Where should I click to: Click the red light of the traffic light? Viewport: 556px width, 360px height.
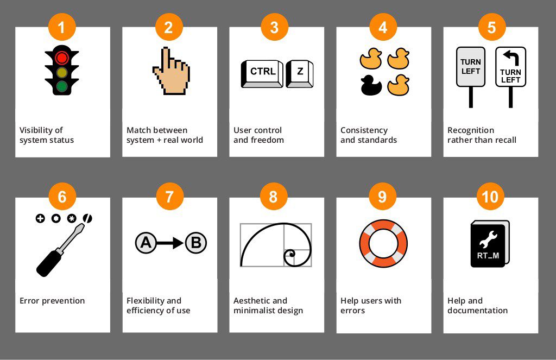click(62, 57)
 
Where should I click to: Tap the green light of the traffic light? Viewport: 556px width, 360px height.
click(62, 86)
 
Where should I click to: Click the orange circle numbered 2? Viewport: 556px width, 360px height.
click(168, 27)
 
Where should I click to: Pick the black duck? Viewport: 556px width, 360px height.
click(371, 84)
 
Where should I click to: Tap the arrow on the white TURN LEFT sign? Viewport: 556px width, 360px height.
click(510, 56)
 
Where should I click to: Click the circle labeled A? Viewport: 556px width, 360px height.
click(146, 243)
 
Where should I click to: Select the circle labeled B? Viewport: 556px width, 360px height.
click(195, 243)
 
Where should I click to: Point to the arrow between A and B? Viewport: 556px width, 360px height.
click(170, 243)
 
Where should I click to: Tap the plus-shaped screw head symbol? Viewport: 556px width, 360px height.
click(40, 219)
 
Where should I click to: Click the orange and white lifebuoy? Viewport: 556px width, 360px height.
click(383, 243)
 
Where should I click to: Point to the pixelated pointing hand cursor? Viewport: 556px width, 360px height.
click(170, 71)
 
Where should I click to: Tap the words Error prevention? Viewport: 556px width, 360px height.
click(52, 301)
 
